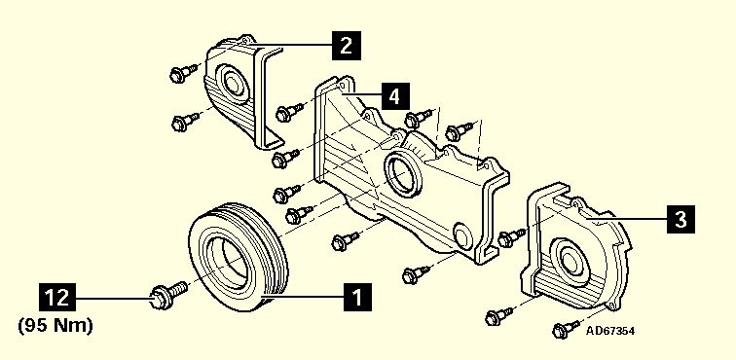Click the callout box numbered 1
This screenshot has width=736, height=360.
pyautogui.click(x=357, y=297)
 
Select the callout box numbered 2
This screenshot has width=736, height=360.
pyautogui.click(x=347, y=46)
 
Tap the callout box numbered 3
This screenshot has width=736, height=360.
pyautogui.click(x=681, y=219)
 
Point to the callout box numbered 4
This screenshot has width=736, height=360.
pyautogui.click(x=394, y=96)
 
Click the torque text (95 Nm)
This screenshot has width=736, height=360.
pyautogui.click(x=55, y=325)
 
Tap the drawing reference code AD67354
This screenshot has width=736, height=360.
pyautogui.click(x=610, y=331)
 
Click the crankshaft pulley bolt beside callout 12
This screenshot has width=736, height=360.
pyautogui.click(x=168, y=295)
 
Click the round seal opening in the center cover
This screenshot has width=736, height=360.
pyautogui.click(x=402, y=173)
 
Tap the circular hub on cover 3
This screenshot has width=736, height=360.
pyautogui.click(x=569, y=260)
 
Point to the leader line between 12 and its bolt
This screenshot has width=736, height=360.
pyautogui.click(x=113, y=297)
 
